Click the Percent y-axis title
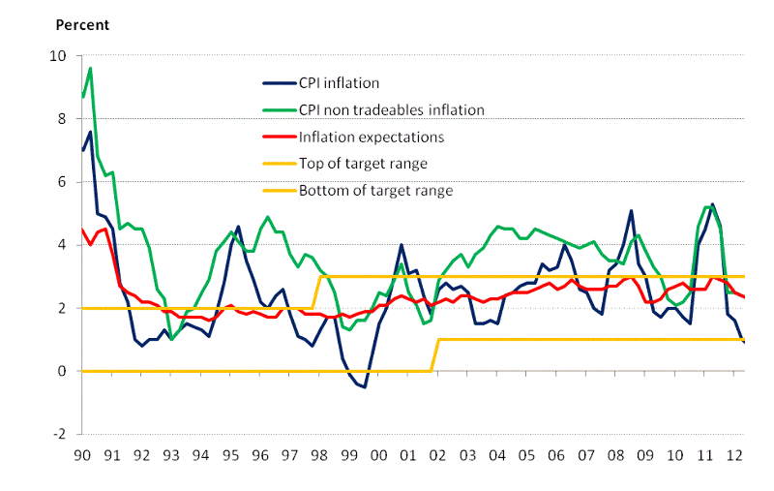click(x=82, y=24)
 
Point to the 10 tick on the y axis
click(x=59, y=56)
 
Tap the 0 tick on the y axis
click(x=63, y=371)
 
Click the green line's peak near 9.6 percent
click(x=90, y=69)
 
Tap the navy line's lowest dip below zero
click(x=365, y=386)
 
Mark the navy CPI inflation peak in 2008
click(x=631, y=210)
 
